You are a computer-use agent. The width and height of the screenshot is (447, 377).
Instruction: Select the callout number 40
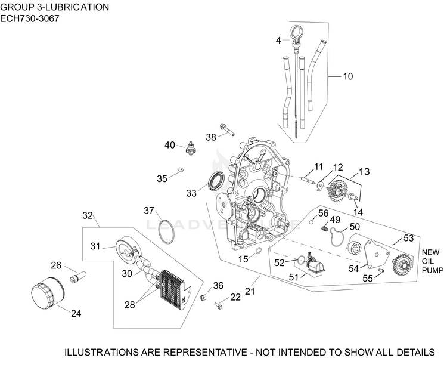point(170,145)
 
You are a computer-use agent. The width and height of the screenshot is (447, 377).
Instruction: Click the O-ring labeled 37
point(166,231)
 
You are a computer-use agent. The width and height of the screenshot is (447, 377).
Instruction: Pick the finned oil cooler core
point(172,289)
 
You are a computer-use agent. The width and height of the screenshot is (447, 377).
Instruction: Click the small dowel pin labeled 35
point(181,171)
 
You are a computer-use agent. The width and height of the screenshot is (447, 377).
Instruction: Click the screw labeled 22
point(218,305)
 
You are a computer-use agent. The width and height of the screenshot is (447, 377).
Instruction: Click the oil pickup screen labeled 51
point(314,264)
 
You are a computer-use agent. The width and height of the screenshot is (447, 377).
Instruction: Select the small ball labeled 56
point(312,221)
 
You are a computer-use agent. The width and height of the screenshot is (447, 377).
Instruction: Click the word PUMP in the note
point(433,270)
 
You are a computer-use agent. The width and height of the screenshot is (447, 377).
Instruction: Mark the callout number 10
point(348,76)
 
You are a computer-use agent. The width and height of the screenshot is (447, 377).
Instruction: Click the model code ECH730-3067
point(30,18)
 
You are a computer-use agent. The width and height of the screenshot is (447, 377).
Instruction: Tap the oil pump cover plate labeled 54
point(377,254)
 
